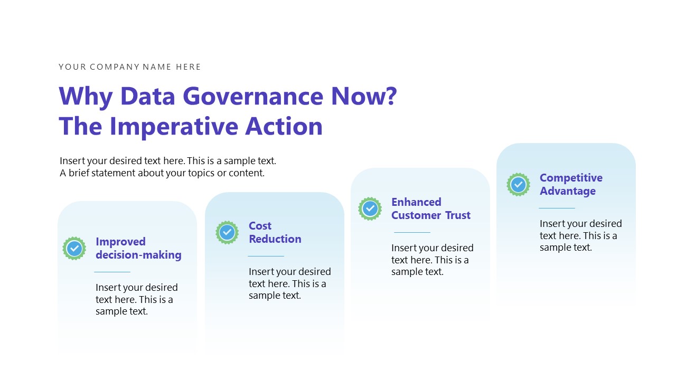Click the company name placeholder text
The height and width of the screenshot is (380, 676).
pos(129,67)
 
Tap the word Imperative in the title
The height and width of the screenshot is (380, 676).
pos(174,127)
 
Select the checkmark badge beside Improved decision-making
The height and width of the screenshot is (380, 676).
pos(74,248)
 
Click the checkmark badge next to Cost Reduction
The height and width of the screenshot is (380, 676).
pos(227,232)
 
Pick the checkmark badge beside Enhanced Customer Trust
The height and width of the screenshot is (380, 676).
pos(370,208)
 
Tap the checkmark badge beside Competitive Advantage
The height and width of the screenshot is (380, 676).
pos(518,184)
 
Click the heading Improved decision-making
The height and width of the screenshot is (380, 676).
pos(138,248)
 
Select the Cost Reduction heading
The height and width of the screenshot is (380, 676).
pos(275,232)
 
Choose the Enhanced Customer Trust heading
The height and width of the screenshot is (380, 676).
pos(430,208)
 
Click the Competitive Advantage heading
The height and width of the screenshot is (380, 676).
pos(570,184)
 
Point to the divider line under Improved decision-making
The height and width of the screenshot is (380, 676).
pos(112,272)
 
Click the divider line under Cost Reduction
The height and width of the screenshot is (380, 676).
pos(266,256)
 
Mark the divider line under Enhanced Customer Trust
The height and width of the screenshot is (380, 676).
pos(412,232)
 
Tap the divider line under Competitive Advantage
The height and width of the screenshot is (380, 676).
pos(557,208)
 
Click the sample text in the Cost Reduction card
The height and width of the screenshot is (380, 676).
pos(289,283)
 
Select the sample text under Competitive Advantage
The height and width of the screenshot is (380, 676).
pos(580,235)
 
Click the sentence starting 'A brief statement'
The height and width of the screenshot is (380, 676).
pos(162,173)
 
